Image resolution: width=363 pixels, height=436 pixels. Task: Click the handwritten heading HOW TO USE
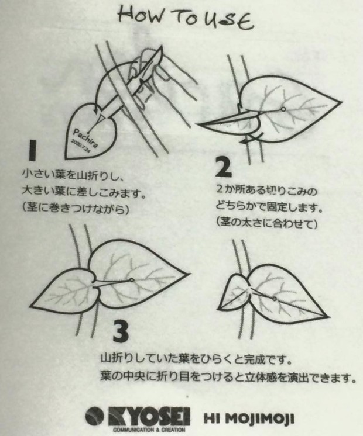tap(186, 17)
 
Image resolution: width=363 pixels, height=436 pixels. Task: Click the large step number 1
tap(33, 150)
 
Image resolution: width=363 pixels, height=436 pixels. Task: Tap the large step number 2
tap(224, 167)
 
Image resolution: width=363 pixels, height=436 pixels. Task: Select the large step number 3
tap(121, 331)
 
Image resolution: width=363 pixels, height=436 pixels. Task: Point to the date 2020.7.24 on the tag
tap(81, 147)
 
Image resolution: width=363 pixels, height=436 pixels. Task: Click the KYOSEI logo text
tap(149, 416)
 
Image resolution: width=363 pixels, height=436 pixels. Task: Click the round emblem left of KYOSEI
tap(95, 417)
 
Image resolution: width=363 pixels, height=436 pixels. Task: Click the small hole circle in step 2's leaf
tap(283, 109)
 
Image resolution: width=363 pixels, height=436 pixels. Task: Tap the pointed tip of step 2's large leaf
tap(341, 101)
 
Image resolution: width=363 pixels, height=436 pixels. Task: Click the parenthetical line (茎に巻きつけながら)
tap(76, 207)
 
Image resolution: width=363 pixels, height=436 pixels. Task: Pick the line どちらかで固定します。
tap(269, 207)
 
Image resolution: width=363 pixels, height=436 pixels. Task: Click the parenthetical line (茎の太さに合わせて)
tap(266, 223)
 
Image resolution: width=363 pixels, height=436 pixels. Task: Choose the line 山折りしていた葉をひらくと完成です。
tap(196, 360)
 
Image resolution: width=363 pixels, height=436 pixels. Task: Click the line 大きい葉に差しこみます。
tap(84, 192)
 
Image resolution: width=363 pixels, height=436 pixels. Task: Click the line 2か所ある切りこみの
tap(266, 191)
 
